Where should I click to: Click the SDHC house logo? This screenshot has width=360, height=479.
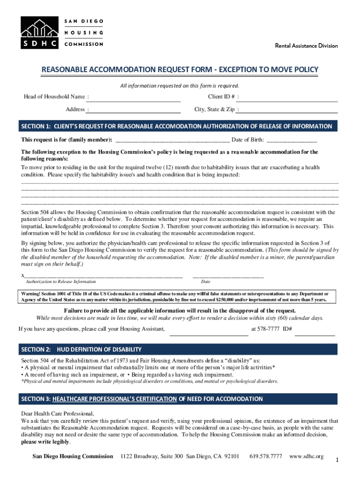click(x=39, y=32)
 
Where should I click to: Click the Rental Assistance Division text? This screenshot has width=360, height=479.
click(x=306, y=46)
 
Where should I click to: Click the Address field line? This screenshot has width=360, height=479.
click(x=135, y=110)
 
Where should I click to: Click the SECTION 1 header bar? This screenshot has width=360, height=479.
click(x=177, y=126)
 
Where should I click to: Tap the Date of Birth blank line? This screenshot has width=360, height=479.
click(x=292, y=140)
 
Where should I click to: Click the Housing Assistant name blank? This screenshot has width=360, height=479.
click(x=209, y=333)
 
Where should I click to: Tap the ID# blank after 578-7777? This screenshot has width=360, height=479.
click(x=315, y=333)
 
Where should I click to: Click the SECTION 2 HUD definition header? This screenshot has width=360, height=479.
click(x=177, y=349)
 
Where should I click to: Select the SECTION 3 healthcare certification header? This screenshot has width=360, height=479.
click(x=177, y=399)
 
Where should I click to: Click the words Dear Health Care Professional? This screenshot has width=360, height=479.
click(x=58, y=414)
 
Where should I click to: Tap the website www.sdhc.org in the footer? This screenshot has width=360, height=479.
click(x=306, y=456)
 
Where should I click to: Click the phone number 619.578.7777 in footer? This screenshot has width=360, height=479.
click(x=266, y=456)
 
